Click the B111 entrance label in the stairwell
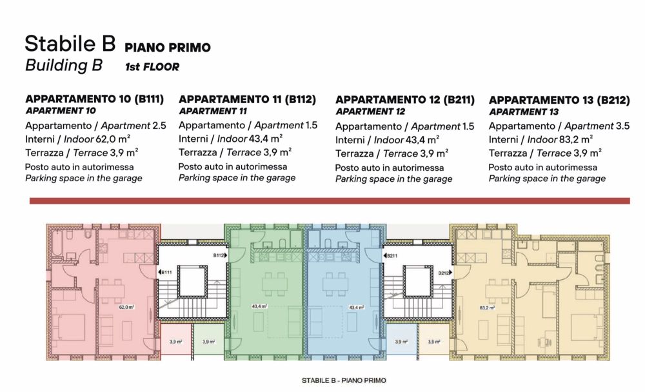click(x=167, y=273)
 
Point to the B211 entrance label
click(x=393, y=256)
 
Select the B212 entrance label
click(x=443, y=273)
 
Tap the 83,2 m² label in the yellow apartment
click(x=486, y=308)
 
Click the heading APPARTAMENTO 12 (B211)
click(x=404, y=100)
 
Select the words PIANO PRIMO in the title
click(x=168, y=48)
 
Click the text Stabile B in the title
click(x=70, y=43)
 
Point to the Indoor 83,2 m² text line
click(x=541, y=139)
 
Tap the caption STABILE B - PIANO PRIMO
click(x=343, y=380)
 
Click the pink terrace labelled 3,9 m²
click(x=175, y=342)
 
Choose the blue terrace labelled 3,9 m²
click(x=401, y=342)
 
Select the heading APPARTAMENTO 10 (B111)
click(x=94, y=99)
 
